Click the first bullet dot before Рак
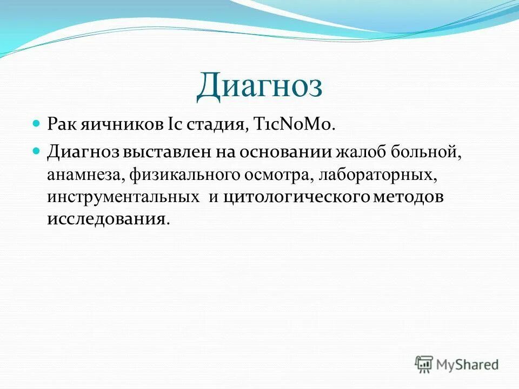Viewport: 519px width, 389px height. coord(37,124)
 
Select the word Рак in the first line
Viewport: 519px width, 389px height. coord(63,125)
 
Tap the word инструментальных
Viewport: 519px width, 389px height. coord(123,197)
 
